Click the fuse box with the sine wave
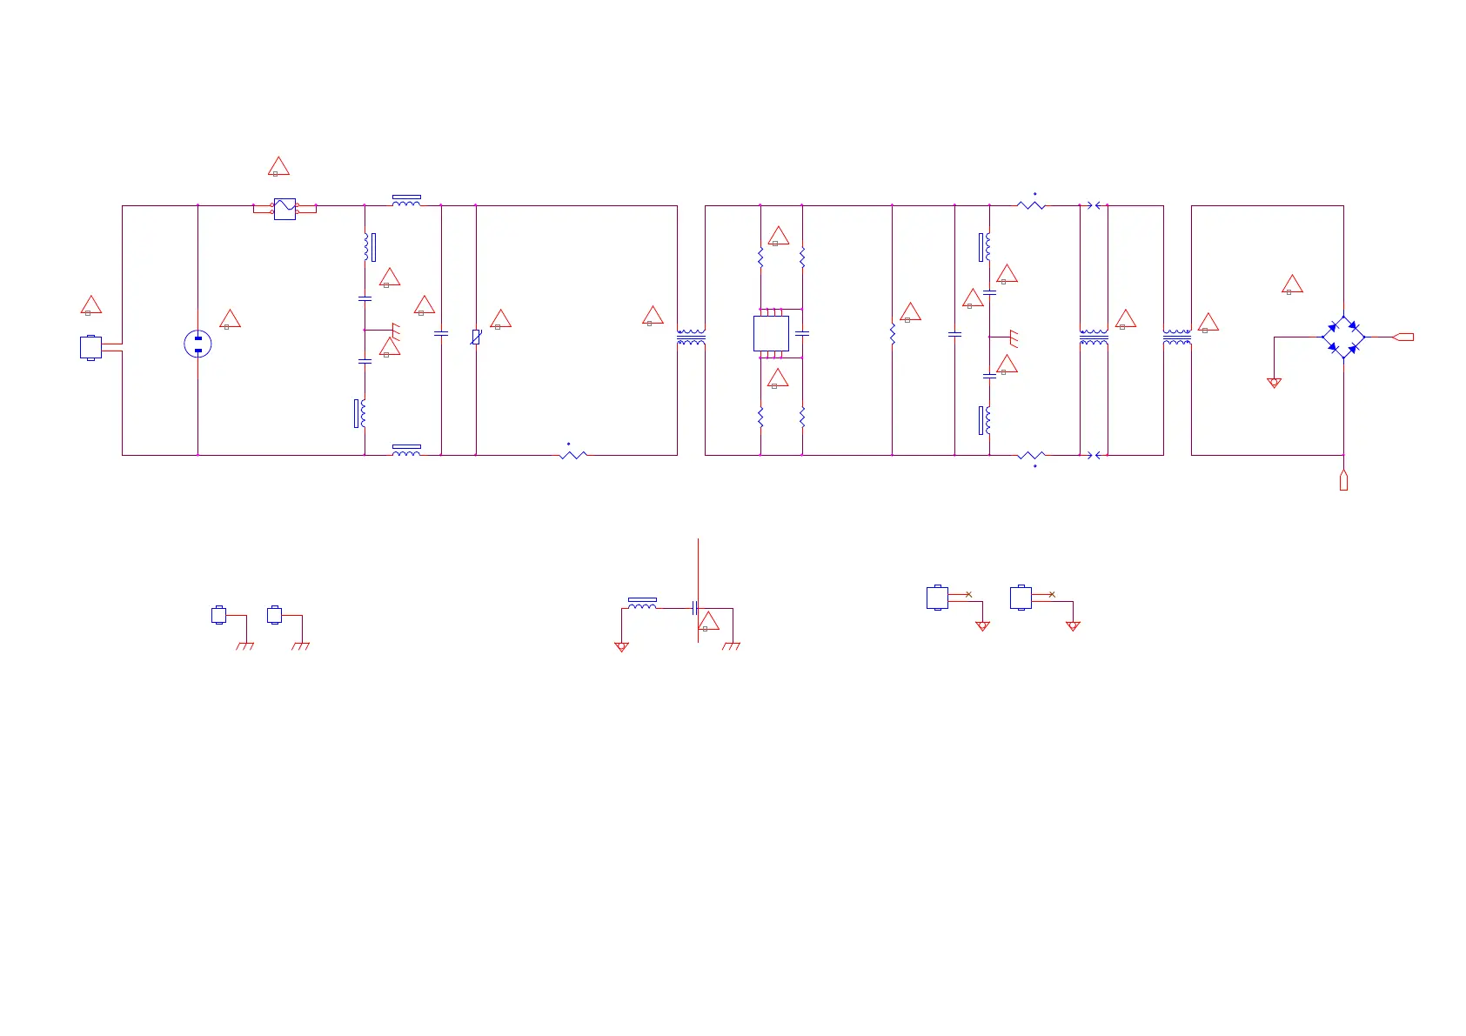[284, 209]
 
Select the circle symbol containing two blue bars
[198, 344]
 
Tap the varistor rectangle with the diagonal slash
[476, 337]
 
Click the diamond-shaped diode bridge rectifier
[1343, 337]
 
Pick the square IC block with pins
[771, 333]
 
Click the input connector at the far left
[90, 347]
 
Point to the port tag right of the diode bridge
[1403, 337]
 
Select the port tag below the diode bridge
[1343, 480]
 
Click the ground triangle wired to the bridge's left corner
[1275, 383]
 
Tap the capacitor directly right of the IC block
[802, 333]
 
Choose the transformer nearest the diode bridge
[1177, 338]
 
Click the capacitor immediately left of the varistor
[441, 333]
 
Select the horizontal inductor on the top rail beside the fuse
[406, 201]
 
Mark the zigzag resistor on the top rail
[1031, 205]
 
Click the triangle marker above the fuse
[278, 166]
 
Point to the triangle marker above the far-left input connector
[91, 305]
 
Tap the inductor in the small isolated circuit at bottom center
[642, 605]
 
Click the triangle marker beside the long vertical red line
[709, 621]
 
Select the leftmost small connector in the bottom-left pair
[219, 615]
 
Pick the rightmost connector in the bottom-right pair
[1021, 598]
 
